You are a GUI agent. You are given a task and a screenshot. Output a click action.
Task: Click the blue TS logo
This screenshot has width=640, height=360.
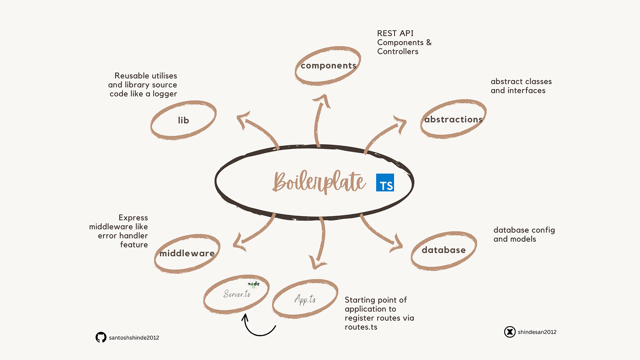[385, 182]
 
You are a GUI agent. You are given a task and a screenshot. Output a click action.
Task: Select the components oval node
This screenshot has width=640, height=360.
[328, 66]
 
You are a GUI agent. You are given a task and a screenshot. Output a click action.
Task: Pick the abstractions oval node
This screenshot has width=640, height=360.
[453, 120]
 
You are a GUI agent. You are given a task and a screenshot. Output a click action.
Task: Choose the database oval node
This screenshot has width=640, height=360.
[443, 250]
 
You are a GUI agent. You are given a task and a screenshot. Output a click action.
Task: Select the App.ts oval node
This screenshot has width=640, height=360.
[305, 300]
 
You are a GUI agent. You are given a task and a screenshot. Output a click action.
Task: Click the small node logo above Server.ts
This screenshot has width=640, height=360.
[253, 285]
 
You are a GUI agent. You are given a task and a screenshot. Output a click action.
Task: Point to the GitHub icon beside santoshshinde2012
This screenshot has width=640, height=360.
[101, 338]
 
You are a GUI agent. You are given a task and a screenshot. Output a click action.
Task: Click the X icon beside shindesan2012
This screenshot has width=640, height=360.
[510, 332]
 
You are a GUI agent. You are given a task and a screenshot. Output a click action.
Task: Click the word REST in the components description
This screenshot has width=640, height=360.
[387, 33]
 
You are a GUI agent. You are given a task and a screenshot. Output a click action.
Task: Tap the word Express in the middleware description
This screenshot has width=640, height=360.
[133, 218]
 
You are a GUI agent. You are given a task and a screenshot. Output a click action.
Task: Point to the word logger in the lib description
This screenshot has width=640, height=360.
[164, 94]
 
